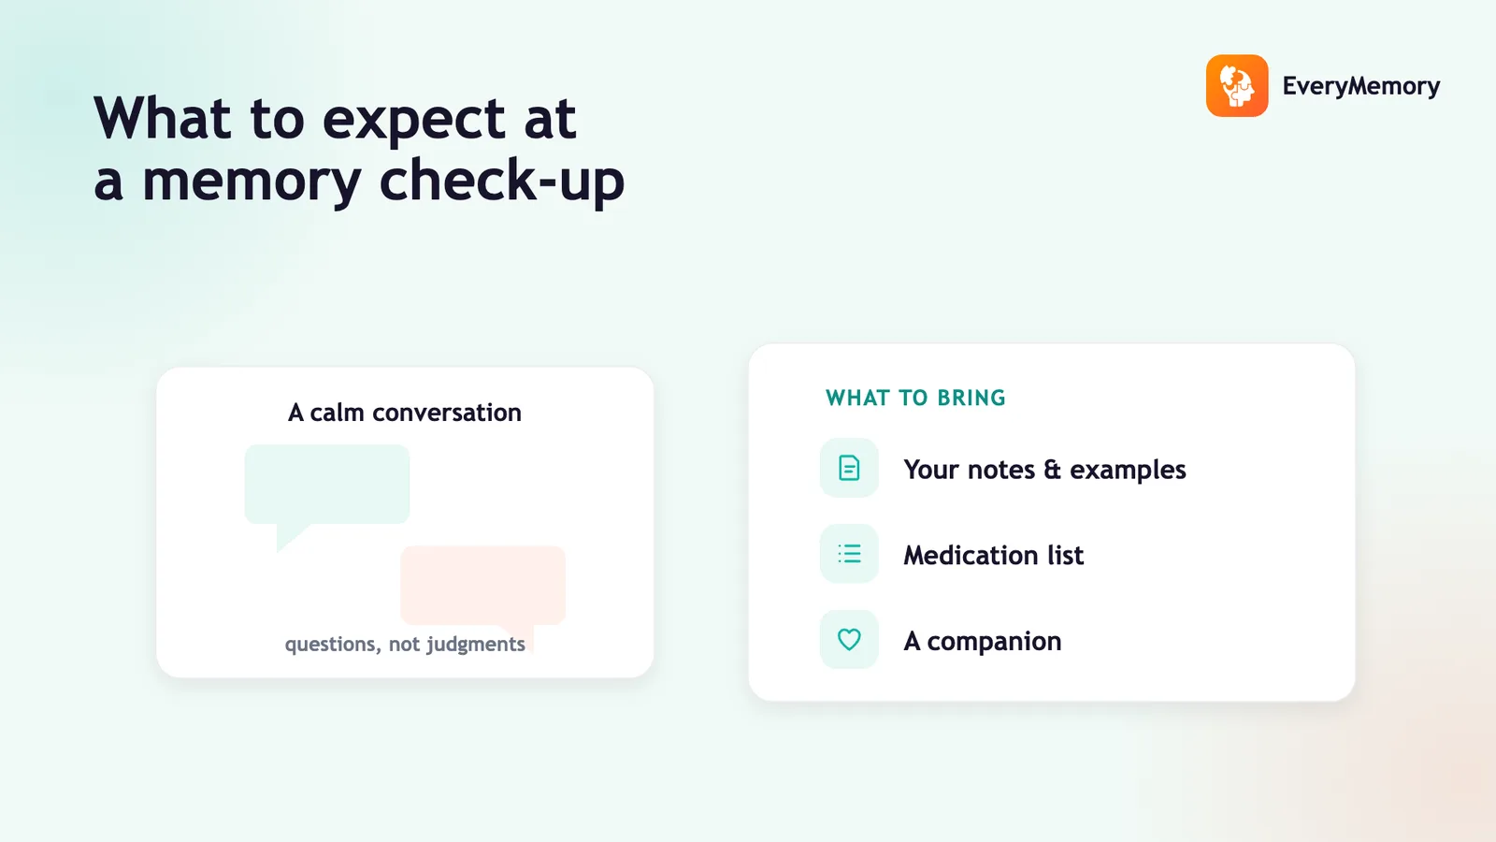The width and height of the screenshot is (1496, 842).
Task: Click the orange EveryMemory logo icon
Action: click(x=1237, y=85)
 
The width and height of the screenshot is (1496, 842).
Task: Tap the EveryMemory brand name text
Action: click(x=1361, y=86)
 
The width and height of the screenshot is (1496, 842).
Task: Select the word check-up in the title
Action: click(x=501, y=179)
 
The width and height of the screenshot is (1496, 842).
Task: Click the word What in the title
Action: click(x=163, y=118)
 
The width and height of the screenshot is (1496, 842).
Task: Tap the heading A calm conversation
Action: click(x=405, y=413)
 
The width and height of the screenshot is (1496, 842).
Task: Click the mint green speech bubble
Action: click(x=326, y=485)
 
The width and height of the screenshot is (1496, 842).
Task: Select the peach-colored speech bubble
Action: click(x=482, y=586)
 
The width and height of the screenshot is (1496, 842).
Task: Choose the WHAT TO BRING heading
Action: click(x=915, y=398)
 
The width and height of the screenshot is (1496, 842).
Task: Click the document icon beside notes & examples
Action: click(x=849, y=468)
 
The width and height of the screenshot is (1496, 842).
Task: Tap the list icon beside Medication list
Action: click(x=849, y=553)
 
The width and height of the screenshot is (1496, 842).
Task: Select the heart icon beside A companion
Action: click(x=849, y=639)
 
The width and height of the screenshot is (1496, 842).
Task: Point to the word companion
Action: click(x=994, y=642)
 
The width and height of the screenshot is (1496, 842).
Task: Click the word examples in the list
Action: click(x=1128, y=471)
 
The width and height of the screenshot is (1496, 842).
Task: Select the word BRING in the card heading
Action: click(x=971, y=398)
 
